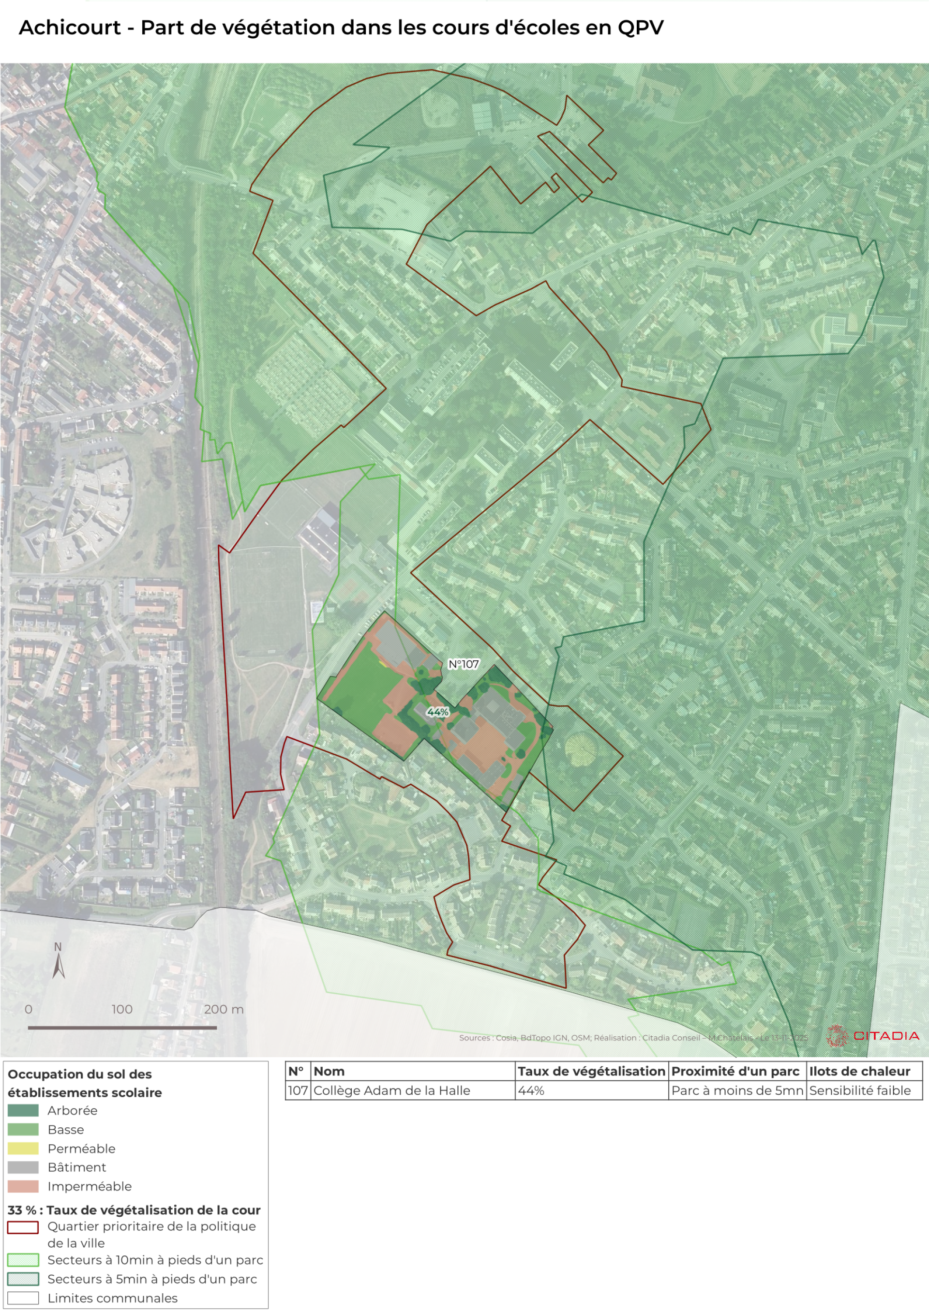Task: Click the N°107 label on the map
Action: [463, 664]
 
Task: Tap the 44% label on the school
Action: [438, 712]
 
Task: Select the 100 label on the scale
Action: [122, 1010]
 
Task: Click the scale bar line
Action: [122, 1028]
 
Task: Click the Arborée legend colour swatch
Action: [23, 1111]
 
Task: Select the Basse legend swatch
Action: [23, 1130]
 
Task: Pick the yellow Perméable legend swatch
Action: [23, 1149]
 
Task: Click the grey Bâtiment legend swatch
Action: [23, 1167]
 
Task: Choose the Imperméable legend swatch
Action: [23, 1186]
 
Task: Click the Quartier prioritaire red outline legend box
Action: [23, 1227]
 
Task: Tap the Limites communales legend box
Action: [23, 1298]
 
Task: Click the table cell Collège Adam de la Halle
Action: [391, 1091]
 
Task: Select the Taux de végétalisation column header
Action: [591, 1071]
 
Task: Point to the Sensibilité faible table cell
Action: [859, 1091]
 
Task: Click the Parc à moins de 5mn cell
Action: [737, 1091]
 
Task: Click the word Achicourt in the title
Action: [70, 28]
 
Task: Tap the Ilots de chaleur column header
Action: [859, 1071]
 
